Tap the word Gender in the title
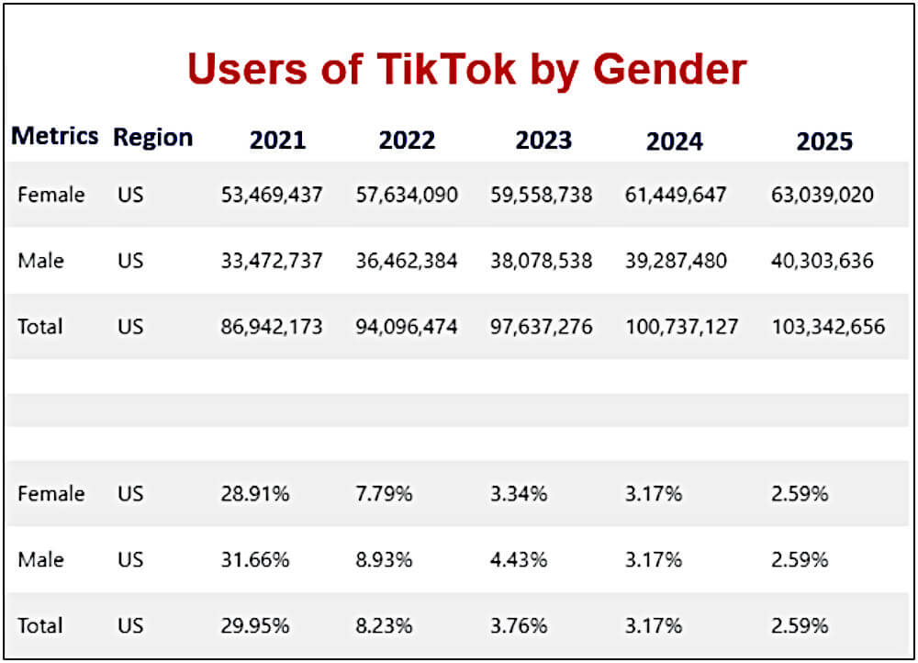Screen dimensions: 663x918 tap(669, 69)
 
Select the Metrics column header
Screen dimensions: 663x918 tap(54, 136)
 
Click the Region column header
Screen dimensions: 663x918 tap(152, 138)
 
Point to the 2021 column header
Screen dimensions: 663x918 tap(277, 140)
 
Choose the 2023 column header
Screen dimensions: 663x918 tap(543, 140)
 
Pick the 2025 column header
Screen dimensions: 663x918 tap(824, 140)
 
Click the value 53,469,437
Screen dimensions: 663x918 tap(272, 195)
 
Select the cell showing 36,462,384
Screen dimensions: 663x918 tap(406, 261)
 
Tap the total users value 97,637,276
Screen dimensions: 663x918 tap(541, 327)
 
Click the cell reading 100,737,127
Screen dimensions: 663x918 tap(681, 327)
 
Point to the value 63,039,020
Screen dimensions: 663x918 tap(823, 195)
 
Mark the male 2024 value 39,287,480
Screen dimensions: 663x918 tap(676, 261)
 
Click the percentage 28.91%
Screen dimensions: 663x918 tap(255, 494)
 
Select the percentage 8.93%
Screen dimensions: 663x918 tap(384, 560)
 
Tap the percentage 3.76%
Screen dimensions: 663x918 tap(519, 626)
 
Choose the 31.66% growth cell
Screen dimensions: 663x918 tap(255, 560)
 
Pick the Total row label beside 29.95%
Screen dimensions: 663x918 tap(39, 626)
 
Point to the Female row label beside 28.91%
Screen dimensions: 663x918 tap(50, 494)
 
